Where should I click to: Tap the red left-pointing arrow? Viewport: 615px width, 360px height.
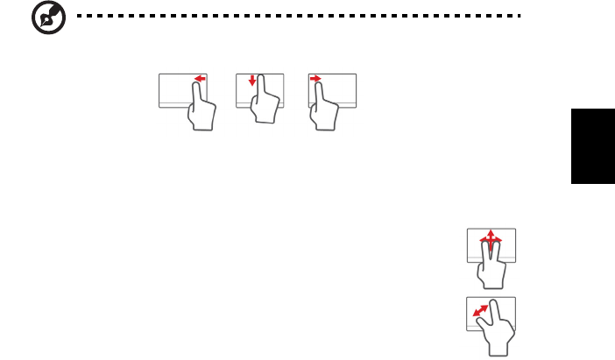200,79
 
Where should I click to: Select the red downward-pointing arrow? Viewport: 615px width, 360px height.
252,81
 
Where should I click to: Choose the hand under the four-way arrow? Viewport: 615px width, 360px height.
491,267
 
